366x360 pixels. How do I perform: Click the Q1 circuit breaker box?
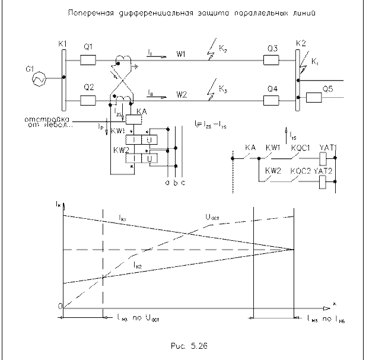click(x=87, y=59)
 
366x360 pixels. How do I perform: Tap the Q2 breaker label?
click(x=89, y=87)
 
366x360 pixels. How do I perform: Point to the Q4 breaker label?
click(x=272, y=88)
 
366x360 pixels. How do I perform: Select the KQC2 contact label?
click(x=298, y=171)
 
